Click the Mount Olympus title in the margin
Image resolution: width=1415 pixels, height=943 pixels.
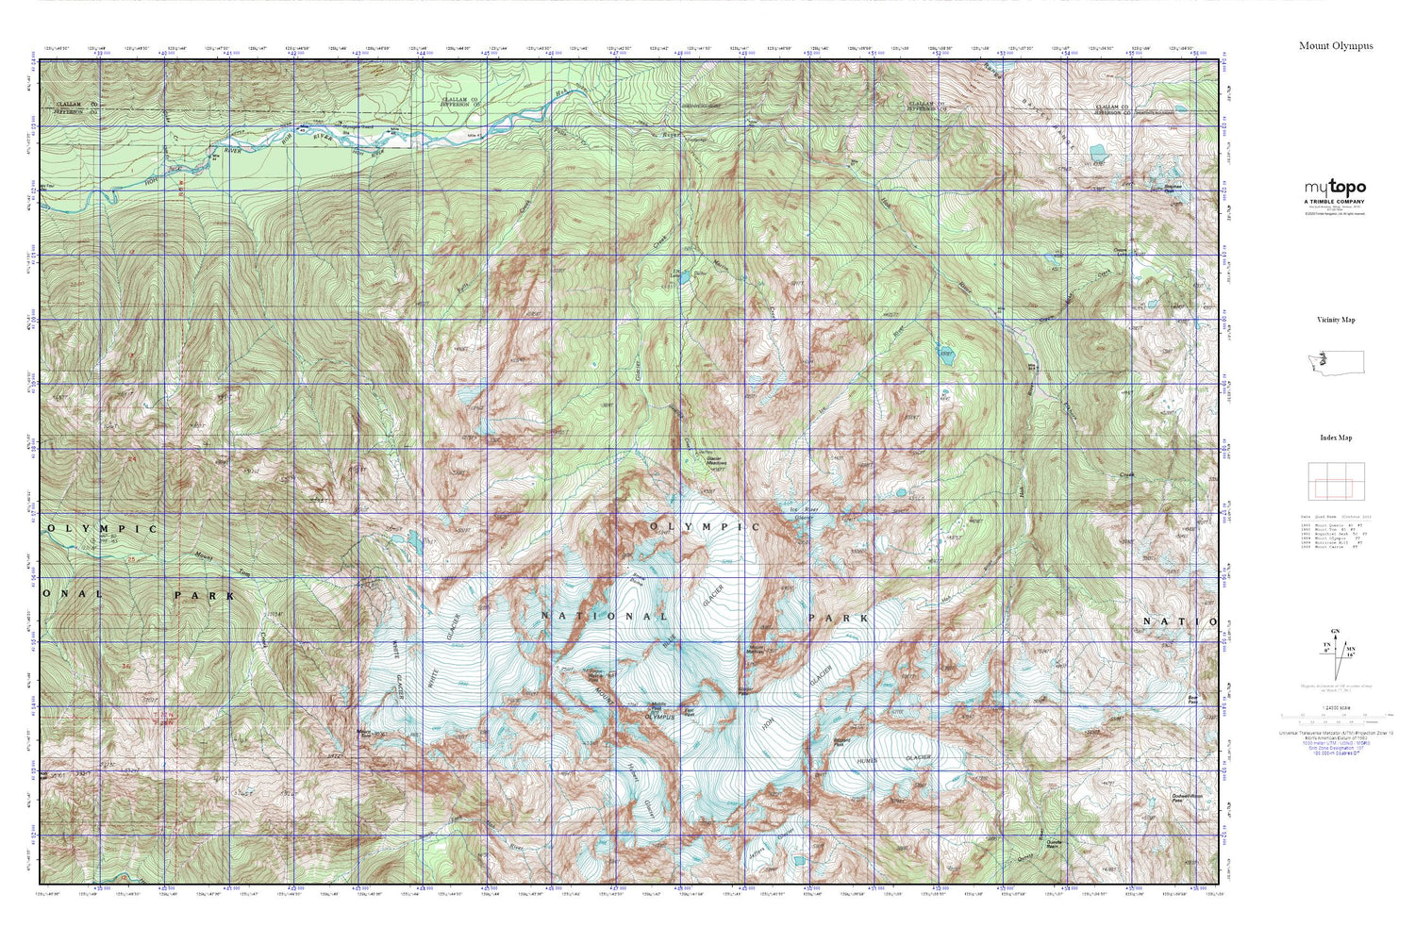click(x=1335, y=45)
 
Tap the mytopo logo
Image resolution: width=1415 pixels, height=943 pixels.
click(x=1335, y=188)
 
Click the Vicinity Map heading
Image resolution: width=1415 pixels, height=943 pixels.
click(x=1335, y=320)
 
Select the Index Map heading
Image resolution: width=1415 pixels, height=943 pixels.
click(x=1335, y=438)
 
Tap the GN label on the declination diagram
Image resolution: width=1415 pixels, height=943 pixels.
click(x=1335, y=631)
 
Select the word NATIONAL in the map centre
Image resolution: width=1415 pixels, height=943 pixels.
click(x=604, y=617)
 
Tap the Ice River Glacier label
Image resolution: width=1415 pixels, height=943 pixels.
click(x=802, y=513)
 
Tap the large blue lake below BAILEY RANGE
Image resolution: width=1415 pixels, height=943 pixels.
click(x=1097, y=151)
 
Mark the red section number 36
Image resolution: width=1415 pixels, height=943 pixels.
click(x=125, y=667)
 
